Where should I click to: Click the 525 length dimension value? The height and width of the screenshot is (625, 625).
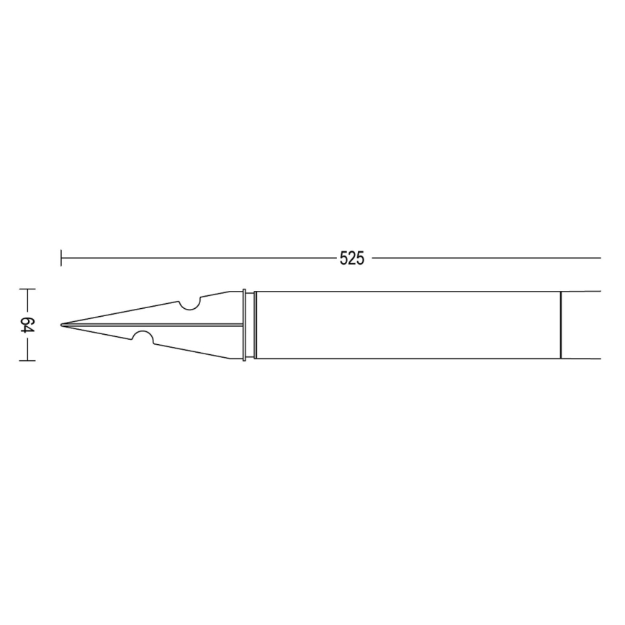pos(352,258)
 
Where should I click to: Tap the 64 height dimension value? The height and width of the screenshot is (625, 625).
pos(27,325)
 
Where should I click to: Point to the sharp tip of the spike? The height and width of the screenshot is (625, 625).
pos(62,325)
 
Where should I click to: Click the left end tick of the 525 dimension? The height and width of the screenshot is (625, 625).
pos(61,257)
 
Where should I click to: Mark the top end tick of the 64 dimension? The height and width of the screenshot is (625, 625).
pos(27,289)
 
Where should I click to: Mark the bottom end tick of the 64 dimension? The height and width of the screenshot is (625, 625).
pos(27,360)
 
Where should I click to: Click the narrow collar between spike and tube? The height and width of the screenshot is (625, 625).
pos(248,325)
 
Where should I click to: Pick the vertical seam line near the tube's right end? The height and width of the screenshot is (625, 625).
pos(561,325)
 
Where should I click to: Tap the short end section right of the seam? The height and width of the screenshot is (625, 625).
pos(580,325)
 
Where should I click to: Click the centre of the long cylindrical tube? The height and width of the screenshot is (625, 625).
pos(408,325)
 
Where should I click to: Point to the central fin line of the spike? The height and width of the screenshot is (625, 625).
pos(158,325)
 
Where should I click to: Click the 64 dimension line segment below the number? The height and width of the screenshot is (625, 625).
pos(27,348)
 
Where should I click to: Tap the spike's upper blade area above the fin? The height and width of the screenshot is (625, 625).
pos(216,310)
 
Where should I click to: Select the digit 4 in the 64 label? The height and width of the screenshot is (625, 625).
pos(27,330)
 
